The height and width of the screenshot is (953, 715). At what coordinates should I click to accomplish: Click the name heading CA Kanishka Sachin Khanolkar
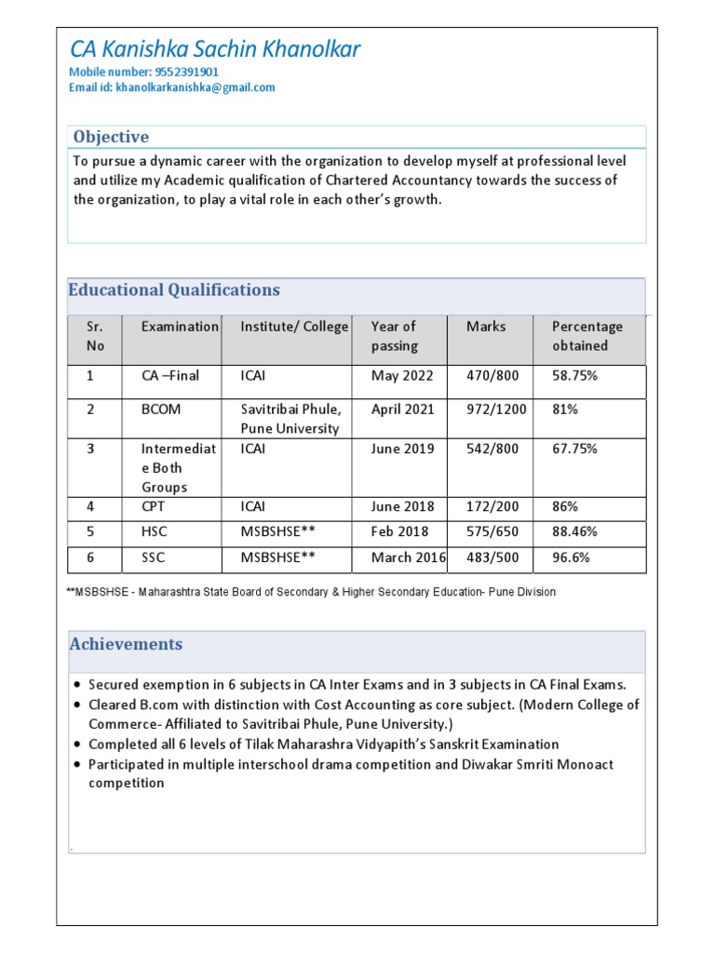[215, 49]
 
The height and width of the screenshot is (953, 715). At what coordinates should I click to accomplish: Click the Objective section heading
[111, 137]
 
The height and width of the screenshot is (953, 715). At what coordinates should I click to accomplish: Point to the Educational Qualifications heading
[174, 290]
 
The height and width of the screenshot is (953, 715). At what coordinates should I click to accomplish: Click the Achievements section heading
[126, 644]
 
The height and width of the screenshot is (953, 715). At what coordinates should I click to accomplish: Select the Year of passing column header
[394, 336]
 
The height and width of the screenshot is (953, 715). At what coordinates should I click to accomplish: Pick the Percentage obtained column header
[587, 336]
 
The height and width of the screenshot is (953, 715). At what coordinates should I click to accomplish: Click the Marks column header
[486, 327]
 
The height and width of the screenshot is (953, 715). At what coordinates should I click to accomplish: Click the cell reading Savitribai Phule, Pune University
[290, 419]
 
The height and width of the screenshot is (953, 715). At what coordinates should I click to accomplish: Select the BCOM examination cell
[161, 409]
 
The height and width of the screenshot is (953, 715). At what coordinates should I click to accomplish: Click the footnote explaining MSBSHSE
[312, 592]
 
